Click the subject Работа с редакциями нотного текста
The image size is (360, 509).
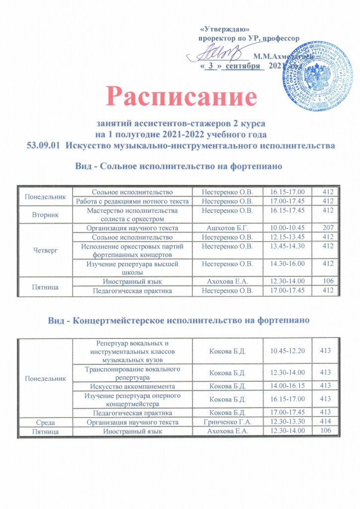pos(132,201)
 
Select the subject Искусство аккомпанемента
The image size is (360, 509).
pos(132,386)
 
